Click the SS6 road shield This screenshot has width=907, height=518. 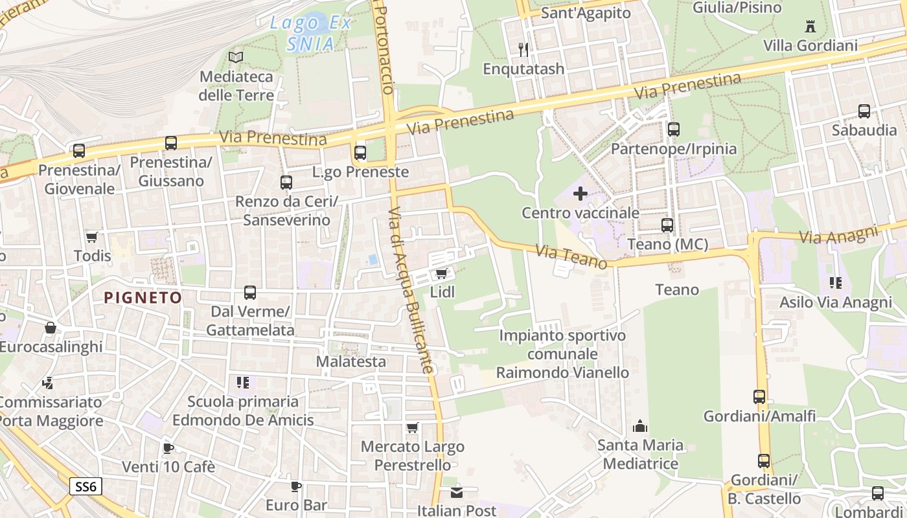tap(86, 486)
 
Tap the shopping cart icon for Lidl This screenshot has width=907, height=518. tap(442, 274)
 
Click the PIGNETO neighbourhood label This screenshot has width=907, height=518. tap(143, 298)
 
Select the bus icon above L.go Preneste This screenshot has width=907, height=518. tap(360, 153)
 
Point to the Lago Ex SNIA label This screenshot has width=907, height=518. tap(310, 34)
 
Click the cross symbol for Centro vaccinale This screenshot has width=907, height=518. tap(580, 193)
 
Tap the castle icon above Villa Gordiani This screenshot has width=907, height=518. tap(809, 27)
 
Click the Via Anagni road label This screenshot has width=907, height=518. tap(838, 234)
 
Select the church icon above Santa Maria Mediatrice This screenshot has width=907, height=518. tap(640, 426)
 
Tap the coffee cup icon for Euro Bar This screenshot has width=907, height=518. tap(296, 486)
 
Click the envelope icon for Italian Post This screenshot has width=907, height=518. tap(457, 493)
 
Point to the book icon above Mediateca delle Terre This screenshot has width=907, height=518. tap(236, 57)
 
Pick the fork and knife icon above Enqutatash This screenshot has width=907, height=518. tap(523, 49)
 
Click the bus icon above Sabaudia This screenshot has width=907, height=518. tap(864, 111)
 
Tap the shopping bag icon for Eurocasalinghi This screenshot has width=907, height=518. tap(50, 328)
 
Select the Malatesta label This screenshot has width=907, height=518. tap(350, 361)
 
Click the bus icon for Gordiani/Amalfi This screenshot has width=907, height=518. tap(759, 397)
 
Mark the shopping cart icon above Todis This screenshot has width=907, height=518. tap(92, 237)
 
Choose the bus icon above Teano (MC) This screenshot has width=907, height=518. tap(667, 225)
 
